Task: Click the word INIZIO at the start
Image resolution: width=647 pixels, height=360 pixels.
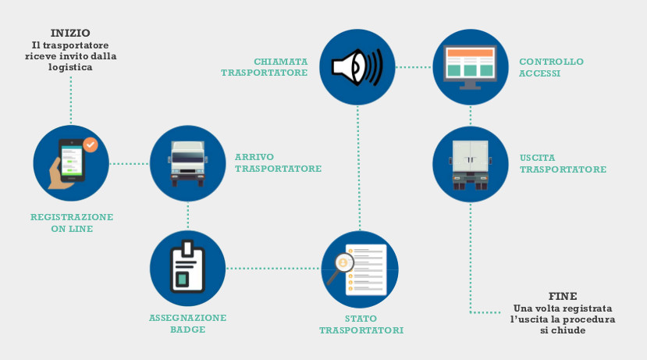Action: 70,33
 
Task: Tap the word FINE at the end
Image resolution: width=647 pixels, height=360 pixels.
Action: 563,297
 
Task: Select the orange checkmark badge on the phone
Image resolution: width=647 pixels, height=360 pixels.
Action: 91,145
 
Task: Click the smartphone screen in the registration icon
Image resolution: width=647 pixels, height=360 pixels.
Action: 72,161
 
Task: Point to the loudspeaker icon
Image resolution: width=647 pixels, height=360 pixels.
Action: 357,67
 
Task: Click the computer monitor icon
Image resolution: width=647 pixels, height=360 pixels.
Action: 470,67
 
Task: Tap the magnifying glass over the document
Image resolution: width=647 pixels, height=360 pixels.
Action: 340,268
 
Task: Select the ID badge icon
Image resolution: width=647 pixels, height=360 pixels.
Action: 188,267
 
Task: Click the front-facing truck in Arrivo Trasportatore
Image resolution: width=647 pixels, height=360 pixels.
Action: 188,164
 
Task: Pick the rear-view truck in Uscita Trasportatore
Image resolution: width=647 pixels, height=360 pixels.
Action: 471,165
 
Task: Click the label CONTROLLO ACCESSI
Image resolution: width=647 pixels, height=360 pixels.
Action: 551,67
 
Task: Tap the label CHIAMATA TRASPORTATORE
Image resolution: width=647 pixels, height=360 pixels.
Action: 265,67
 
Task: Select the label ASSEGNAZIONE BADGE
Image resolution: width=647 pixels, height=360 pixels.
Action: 188,323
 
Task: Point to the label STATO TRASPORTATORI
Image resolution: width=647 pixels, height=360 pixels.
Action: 361,325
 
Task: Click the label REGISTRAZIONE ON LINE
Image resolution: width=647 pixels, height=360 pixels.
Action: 72,223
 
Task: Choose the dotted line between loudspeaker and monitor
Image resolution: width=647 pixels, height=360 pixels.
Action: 414,67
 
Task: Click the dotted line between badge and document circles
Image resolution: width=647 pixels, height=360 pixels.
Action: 273,269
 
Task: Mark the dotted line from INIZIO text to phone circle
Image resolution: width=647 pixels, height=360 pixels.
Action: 71,100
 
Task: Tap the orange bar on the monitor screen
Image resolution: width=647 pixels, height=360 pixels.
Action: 470,53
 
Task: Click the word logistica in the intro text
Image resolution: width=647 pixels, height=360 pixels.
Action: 70,67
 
